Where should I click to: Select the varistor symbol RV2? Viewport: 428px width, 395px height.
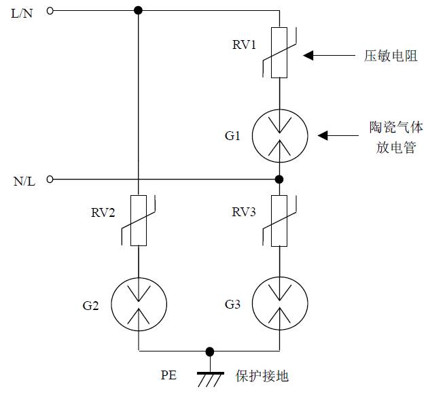tap(139, 220)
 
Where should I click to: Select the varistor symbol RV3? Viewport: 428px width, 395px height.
tap(279, 220)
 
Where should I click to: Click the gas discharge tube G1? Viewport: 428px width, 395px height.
tap(279, 136)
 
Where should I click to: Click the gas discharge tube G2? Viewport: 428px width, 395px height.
tap(139, 305)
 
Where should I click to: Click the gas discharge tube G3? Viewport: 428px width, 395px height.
tap(279, 305)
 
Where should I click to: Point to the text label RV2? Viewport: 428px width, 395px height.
tap(103, 213)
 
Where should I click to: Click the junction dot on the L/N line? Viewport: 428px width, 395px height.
tap(139, 11)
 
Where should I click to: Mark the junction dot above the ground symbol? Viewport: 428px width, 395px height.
tap(209, 351)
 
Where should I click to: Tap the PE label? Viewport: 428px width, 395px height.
tap(169, 375)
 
